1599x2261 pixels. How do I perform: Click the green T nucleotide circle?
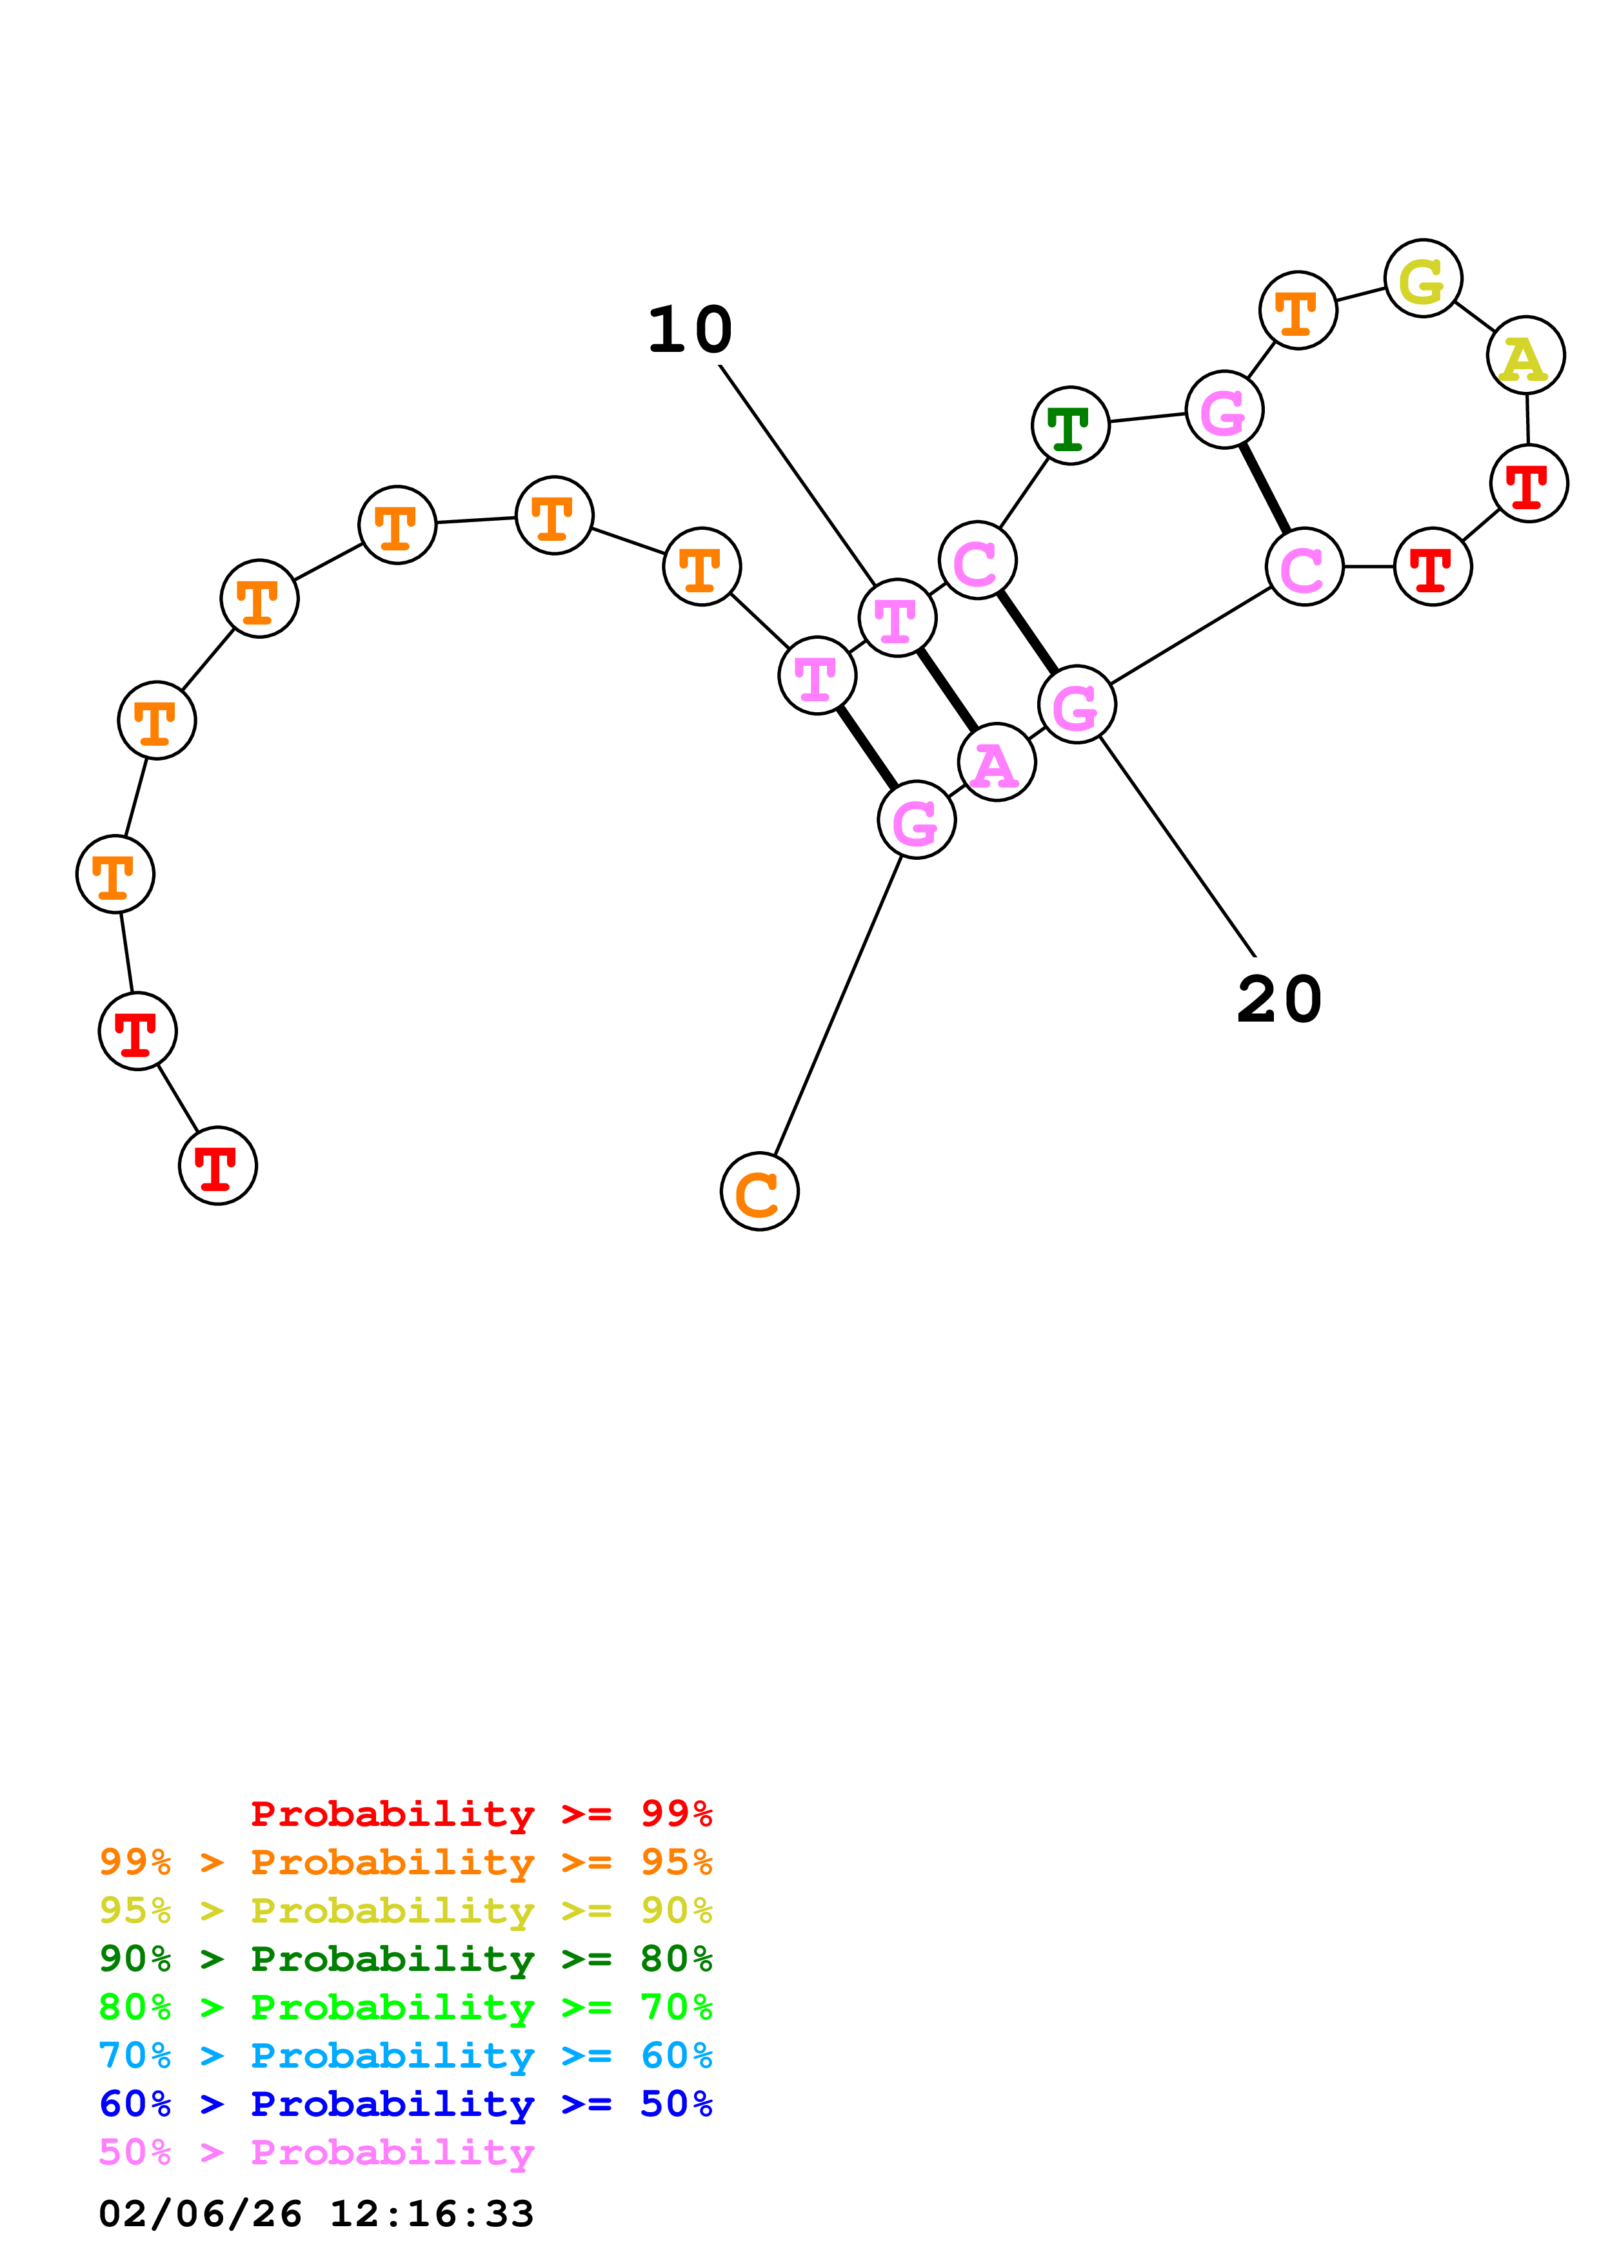point(1070,425)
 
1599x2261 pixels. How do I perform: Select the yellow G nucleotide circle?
point(1423,278)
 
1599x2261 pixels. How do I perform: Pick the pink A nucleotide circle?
point(996,762)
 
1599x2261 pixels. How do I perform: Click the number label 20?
point(1279,1000)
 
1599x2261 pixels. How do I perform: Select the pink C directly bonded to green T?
point(977,560)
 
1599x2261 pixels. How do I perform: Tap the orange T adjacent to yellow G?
point(1298,310)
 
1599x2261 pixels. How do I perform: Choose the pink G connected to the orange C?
point(916,820)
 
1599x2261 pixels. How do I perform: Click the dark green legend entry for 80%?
point(406,1959)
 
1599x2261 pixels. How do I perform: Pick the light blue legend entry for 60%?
point(406,2055)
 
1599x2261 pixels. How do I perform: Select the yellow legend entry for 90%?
point(406,1910)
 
